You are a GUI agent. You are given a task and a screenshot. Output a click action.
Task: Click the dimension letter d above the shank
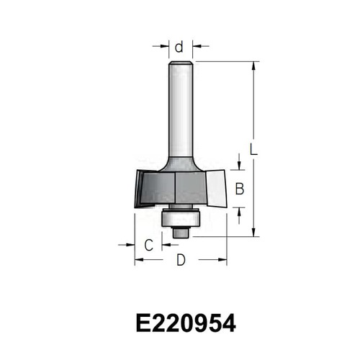pos(179,47)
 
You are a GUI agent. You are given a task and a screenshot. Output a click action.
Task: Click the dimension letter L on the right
pos(253,149)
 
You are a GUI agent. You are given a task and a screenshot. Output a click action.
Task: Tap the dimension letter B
pos(240,189)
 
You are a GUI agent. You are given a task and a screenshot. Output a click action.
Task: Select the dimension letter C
pos(149,245)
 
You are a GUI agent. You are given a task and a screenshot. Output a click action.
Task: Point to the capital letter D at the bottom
pos(181,260)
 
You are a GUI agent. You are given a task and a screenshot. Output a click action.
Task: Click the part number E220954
pos(186,323)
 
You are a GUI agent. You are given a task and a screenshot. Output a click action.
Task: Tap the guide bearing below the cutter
pos(181,217)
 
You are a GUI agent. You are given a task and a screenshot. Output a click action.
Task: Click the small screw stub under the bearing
pos(181,233)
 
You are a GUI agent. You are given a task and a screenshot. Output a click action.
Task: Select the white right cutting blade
pos(217,189)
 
